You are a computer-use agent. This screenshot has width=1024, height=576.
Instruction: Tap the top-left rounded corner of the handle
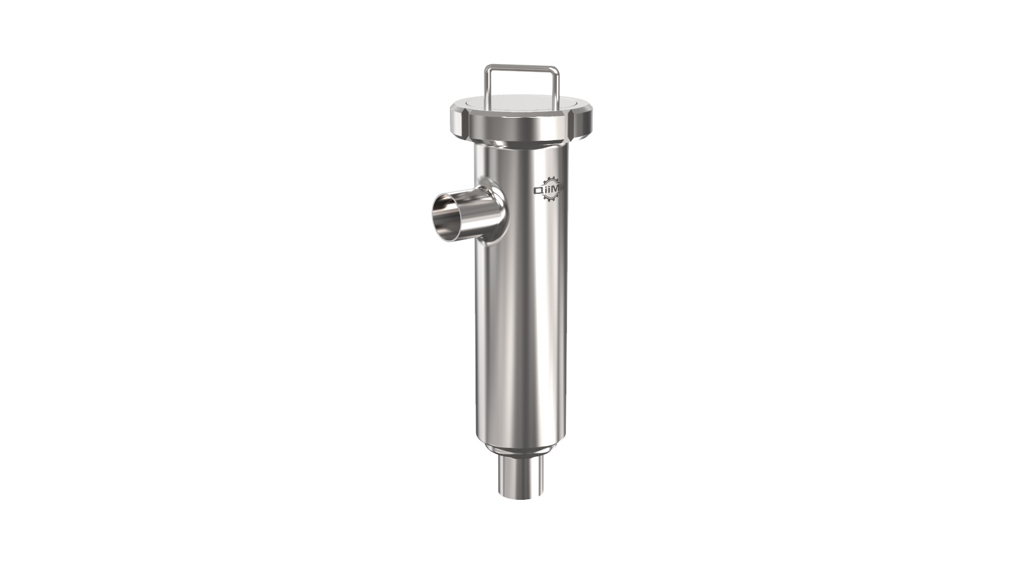[x=488, y=68]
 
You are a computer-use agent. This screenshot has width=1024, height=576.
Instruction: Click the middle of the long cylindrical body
[x=518, y=307]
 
